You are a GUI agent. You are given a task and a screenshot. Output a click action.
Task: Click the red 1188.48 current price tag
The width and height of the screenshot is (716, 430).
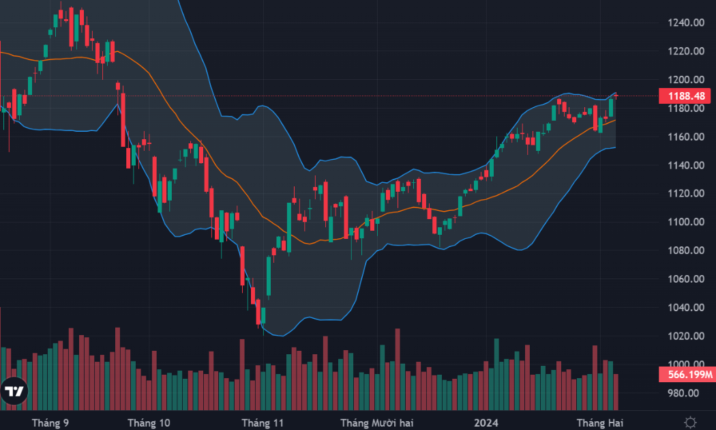click(685, 96)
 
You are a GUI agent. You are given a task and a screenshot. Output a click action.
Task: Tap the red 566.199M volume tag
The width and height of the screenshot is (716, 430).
click(687, 375)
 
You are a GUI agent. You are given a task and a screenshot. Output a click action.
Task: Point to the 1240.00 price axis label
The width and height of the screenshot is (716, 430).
click(686, 23)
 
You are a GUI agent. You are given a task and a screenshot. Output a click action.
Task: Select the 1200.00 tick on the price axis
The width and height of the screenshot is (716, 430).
click(686, 79)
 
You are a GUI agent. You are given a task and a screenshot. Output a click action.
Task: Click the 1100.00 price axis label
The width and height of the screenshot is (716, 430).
click(686, 222)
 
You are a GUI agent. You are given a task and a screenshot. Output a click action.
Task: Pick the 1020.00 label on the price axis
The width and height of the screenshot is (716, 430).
click(686, 336)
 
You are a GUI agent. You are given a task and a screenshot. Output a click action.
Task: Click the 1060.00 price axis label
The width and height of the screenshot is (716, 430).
click(686, 278)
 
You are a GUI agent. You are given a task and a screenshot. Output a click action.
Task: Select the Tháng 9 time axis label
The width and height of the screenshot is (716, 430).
click(50, 422)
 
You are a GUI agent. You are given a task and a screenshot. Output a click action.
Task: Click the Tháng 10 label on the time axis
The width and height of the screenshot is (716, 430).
click(149, 422)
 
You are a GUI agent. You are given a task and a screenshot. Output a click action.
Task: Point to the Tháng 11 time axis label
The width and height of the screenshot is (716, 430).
click(263, 422)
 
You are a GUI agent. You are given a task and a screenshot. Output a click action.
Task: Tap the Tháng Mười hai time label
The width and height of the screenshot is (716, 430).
click(376, 422)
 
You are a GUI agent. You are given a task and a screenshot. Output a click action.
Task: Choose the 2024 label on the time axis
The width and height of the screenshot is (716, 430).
click(486, 422)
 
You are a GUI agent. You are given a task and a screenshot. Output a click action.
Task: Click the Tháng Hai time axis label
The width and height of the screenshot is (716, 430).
click(599, 422)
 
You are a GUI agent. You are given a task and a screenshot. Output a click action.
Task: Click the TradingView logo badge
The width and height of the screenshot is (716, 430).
click(14, 391)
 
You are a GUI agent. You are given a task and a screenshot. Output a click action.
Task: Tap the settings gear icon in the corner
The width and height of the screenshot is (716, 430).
click(690, 422)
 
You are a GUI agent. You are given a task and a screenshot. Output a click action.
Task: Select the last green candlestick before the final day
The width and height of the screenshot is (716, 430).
click(611, 107)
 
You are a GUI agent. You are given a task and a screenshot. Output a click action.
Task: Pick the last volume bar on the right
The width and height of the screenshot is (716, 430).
click(616, 392)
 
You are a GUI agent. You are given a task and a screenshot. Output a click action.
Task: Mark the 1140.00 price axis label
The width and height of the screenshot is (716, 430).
click(686, 165)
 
